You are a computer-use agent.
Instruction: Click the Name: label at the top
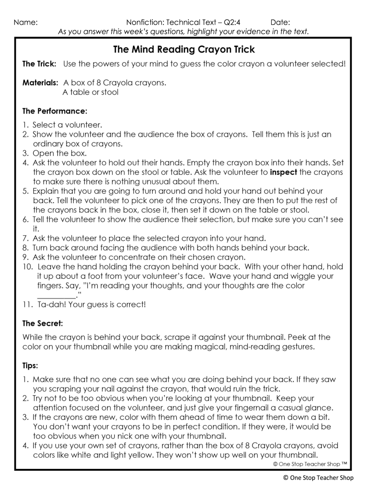26,22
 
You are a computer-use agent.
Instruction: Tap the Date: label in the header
280,22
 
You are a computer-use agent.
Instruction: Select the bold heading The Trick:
40,64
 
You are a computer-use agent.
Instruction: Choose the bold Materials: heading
41,83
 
